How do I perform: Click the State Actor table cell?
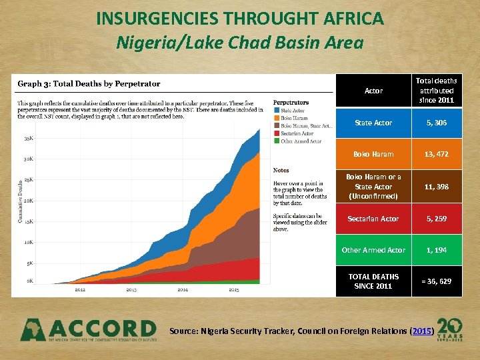click(x=373, y=123)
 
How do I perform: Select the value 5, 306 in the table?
click(x=437, y=123)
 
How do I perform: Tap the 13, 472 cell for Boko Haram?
click(x=437, y=154)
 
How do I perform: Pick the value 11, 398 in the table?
click(x=437, y=187)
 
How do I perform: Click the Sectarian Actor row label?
click(x=373, y=218)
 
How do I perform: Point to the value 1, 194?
click(x=437, y=249)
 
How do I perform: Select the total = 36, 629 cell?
click(x=437, y=281)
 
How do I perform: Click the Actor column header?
click(x=373, y=91)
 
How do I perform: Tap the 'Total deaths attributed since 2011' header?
click(x=437, y=91)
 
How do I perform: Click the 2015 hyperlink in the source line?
click(x=423, y=331)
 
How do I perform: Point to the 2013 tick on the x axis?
click(x=131, y=290)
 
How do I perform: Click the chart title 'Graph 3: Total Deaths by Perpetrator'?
click(x=89, y=84)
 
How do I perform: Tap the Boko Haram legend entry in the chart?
click(x=296, y=118)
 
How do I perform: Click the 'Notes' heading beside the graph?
click(x=281, y=171)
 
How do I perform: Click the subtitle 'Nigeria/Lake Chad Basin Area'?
click(x=240, y=43)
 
